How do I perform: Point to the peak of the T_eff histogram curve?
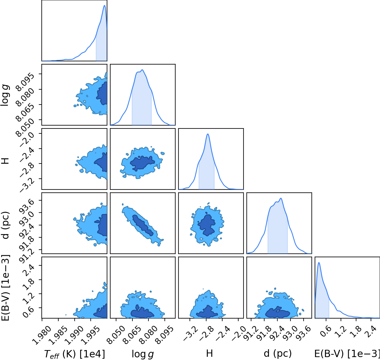(105, 5)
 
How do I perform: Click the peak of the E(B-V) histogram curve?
(319, 262)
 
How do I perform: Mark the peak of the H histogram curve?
(208, 134)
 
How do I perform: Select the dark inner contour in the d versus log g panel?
(143, 225)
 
